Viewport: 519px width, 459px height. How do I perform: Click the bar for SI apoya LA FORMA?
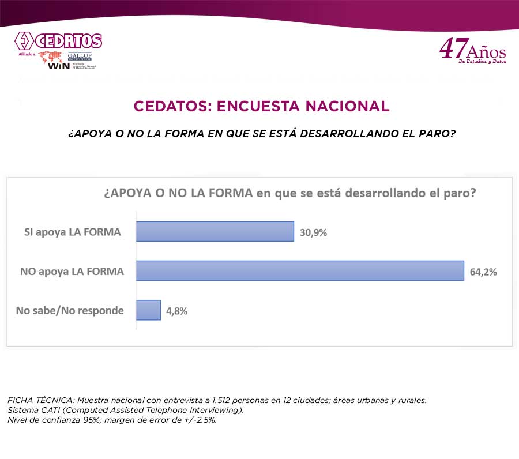tap(215, 231)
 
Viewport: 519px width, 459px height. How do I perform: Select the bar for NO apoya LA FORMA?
tap(300, 270)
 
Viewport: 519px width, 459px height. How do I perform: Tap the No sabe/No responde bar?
tap(148, 310)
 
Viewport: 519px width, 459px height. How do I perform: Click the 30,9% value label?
tap(314, 232)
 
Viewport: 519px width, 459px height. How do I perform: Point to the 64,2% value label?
tap(483, 272)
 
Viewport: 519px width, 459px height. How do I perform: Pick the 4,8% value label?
tap(177, 311)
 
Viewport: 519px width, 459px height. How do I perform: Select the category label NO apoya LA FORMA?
tap(72, 271)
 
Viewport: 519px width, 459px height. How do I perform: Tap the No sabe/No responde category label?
tap(70, 310)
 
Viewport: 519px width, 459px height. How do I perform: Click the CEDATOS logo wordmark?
tap(68, 41)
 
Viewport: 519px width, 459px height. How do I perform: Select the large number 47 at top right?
tap(453, 49)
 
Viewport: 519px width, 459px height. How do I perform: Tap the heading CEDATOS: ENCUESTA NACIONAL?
tap(261, 106)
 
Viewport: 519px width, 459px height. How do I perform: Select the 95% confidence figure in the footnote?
tap(93, 420)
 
